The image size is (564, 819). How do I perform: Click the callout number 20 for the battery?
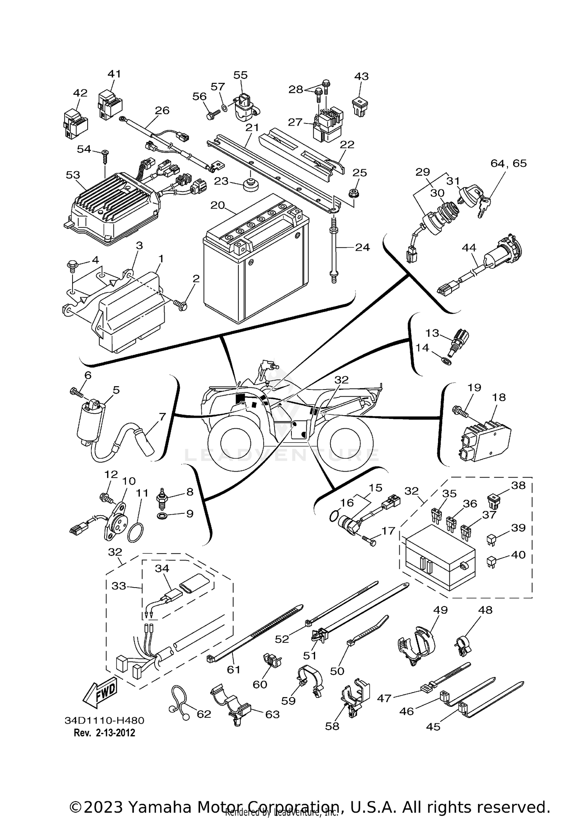[217, 206]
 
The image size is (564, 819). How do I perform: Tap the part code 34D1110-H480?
[105, 720]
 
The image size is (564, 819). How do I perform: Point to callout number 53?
[73, 175]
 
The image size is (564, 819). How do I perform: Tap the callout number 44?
[469, 248]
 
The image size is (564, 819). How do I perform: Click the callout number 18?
[499, 397]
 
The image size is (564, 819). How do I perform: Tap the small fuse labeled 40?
[491, 562]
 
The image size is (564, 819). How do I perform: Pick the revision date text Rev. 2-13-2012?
[104, 733]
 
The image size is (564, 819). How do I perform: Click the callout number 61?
[233, 669]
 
